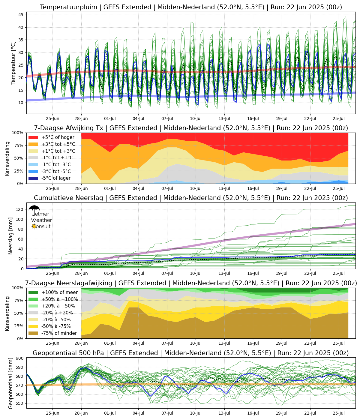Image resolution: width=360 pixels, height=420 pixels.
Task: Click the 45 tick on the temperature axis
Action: (21, 15)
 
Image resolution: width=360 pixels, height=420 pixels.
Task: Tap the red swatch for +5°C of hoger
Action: (33, 137)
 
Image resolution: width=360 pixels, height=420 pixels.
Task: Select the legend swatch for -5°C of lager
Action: (33, 178)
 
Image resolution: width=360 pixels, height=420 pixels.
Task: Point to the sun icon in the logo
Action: (34, 226)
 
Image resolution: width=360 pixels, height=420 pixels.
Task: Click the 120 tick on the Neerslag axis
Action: (20, 209)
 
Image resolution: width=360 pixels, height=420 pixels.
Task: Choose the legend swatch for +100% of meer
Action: (33, 292)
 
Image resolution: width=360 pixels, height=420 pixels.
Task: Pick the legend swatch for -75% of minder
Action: (33, 333)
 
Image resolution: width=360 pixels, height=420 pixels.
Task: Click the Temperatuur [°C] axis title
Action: (13, 63)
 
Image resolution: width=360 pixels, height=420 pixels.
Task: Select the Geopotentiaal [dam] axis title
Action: (11, 383)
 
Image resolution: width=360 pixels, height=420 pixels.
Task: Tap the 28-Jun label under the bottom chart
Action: (81, 413)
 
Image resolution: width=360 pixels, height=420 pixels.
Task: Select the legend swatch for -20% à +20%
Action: (33, 313)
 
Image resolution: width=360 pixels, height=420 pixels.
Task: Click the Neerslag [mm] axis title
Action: (11, 236)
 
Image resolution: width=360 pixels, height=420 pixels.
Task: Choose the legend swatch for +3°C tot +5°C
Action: (33, 144)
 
